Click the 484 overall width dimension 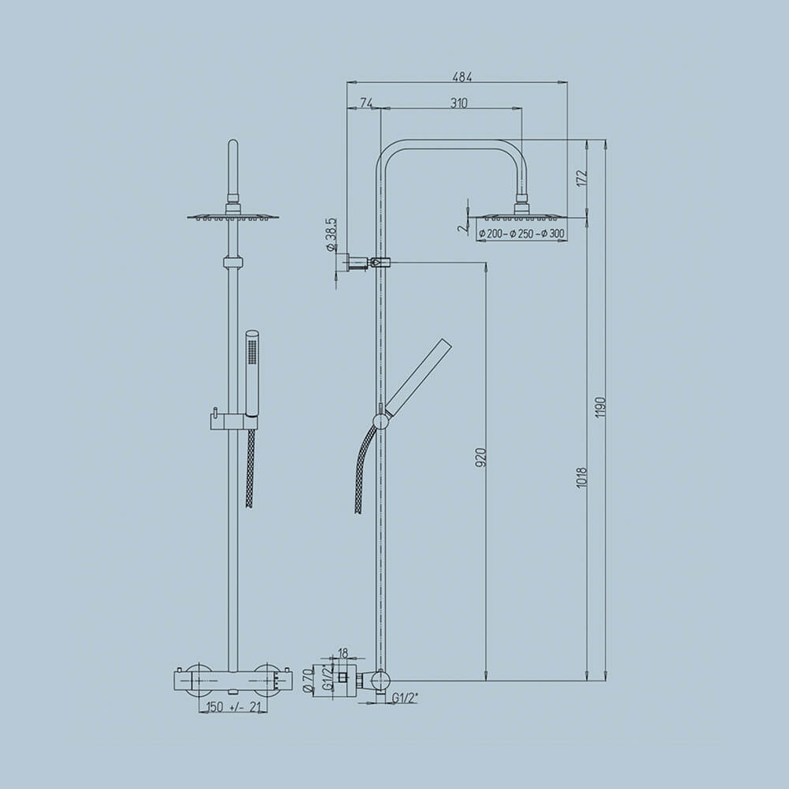point(462,77)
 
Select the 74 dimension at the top point(366,103)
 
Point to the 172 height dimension point(581,178)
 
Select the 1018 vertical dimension point(581,477)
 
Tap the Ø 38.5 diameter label point(331,235)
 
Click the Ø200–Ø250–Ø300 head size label point(522,233)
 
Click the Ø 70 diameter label point(308,678)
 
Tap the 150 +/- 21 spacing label point(233,707)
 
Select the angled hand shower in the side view point(417,379)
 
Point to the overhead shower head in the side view point(521,215)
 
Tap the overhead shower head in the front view point(233,215)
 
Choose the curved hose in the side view point(365,466)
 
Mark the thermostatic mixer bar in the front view point(233,681)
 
